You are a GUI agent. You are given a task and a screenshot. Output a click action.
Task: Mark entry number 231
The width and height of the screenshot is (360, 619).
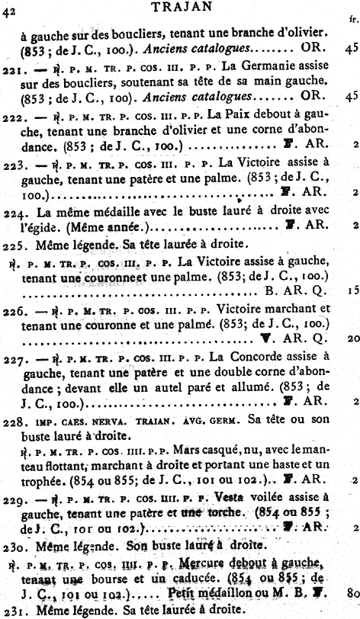pyautogui.click(x=13, y=608)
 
